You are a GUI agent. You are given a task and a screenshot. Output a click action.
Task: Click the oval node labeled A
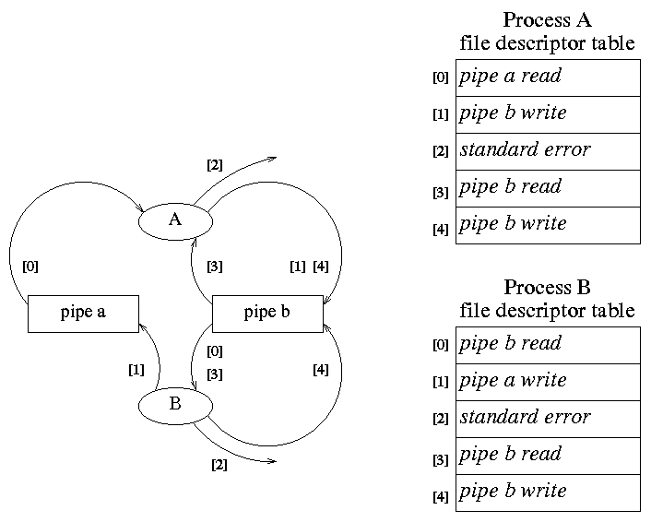tap(175, 220)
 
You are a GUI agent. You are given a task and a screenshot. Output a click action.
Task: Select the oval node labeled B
tap(175, 405)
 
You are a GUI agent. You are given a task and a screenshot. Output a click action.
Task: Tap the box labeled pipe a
tap(83, 313)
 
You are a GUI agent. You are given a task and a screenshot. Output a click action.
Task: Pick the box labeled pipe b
tap(267, 313)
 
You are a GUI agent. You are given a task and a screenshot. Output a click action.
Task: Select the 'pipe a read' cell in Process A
tap(548, 77)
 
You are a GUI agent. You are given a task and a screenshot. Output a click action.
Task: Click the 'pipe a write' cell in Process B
tap(548, 381)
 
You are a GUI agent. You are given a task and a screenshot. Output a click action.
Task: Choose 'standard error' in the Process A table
tap(548, 151)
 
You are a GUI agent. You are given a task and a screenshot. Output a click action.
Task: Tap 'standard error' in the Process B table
tap(548, 418)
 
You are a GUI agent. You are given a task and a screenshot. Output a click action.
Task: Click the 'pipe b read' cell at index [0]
tap(548, 344)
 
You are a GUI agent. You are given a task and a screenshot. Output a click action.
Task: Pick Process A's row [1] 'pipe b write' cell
tap(548, 114)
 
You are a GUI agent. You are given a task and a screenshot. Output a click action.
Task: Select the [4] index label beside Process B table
tap(441, 497)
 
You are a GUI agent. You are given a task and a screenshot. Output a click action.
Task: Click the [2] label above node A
tap(214, 165)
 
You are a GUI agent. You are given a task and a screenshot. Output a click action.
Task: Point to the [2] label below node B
tap(219, 464)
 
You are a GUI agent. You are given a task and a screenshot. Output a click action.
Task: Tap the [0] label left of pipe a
tap(30, 267)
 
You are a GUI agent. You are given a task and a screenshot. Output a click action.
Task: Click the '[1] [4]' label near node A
tap(309, 267)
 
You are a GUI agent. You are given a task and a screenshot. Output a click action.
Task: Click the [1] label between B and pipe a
tap(136, 370)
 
